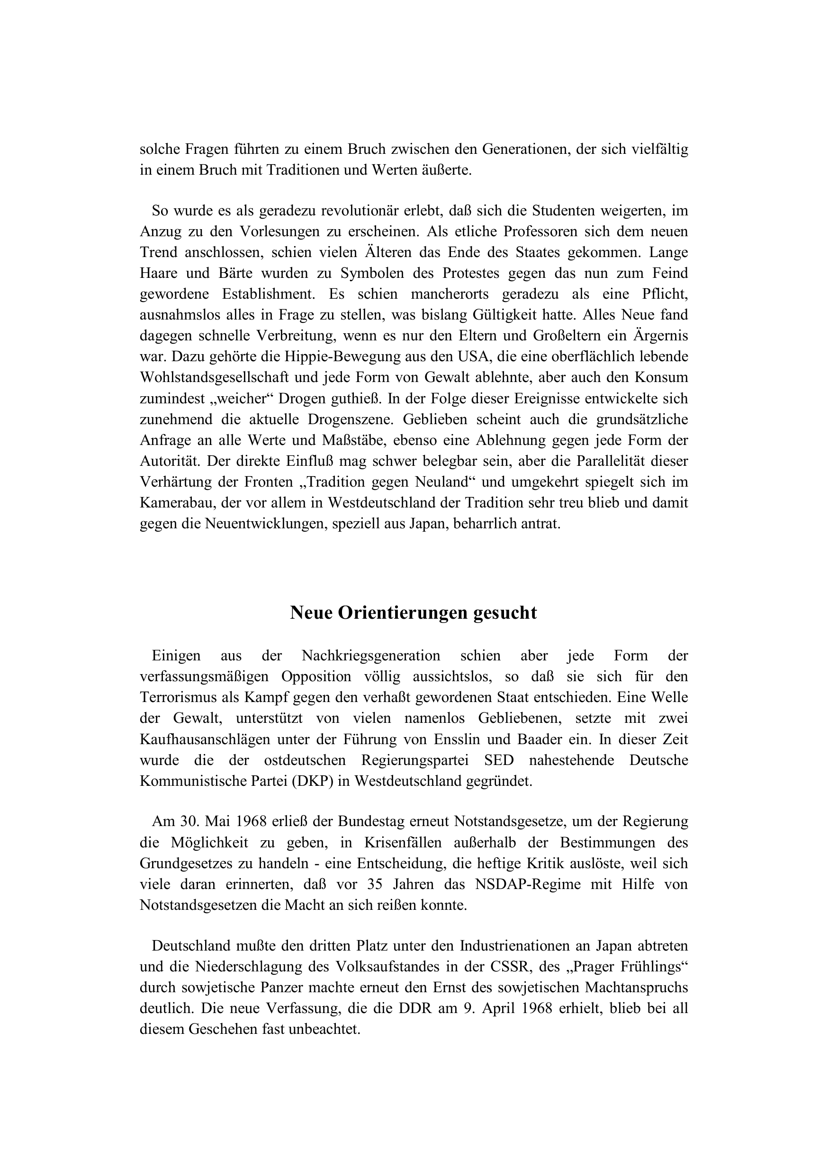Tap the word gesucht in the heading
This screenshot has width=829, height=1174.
505,613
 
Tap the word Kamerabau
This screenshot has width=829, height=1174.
176,503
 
